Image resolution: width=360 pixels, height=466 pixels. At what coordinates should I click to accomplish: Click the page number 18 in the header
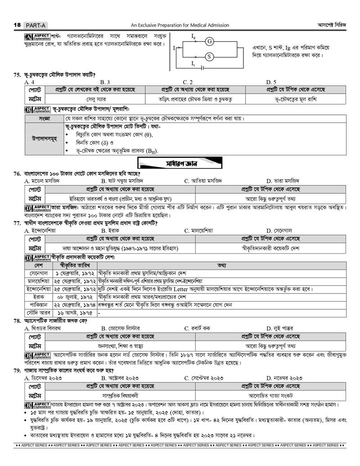(18, 25)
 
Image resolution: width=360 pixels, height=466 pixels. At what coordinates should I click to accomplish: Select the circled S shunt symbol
(209, 57)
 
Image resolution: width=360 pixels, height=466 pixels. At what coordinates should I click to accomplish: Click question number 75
(18, 75)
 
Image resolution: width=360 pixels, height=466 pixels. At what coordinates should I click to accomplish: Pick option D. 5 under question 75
(271, 82)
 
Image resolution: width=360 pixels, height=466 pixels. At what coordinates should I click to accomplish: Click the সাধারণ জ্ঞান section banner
(180, 163)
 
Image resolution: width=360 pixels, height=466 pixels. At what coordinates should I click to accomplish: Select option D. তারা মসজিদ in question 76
(283, 181)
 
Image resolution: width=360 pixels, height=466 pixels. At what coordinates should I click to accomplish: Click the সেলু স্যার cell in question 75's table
(94, 99)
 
